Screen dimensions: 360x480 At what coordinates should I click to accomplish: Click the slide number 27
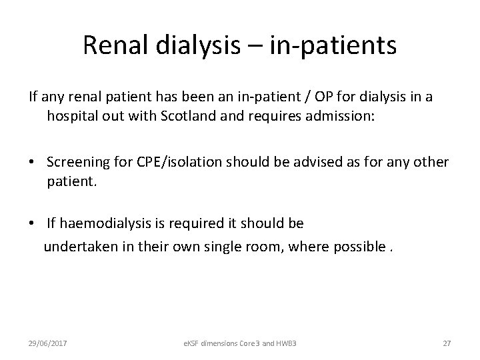point(447,343)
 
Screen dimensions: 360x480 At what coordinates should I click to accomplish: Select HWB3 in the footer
point(292,343)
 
